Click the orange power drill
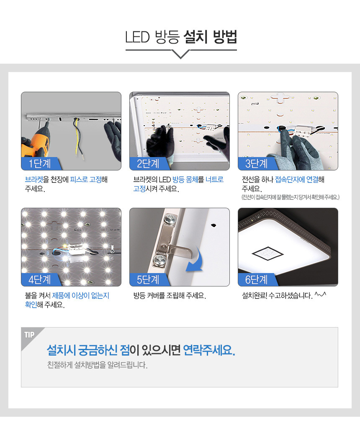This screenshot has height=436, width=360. click(x=36, y=143)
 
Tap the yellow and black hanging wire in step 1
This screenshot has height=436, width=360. click(x=78, y=138)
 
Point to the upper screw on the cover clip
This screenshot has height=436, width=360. click(x=171, y=219)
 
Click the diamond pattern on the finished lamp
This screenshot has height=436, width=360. click(x=267, y=253)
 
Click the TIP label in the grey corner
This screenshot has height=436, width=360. click(x=29, y=335)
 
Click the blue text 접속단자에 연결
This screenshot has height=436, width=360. click(x=297, y=180)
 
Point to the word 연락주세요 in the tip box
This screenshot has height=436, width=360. click(x=208, y=350)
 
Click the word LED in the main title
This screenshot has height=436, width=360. click(x=138, y=37)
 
